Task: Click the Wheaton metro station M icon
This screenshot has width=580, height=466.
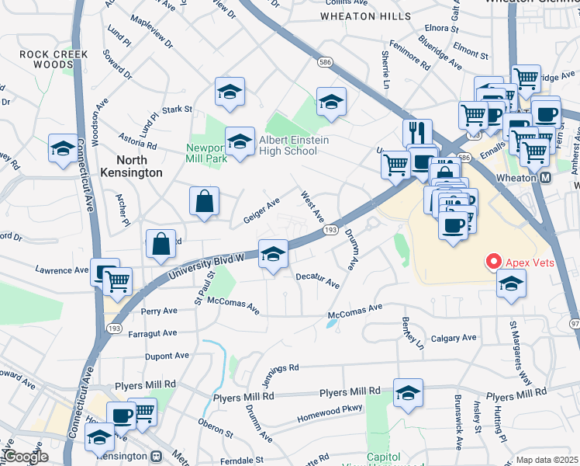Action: (x=545, y=178)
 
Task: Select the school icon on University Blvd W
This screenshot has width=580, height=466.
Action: (x=273, y=254)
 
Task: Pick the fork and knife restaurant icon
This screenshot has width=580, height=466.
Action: (x=417, y=133)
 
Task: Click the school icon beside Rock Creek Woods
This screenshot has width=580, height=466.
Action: (x=63, y=148)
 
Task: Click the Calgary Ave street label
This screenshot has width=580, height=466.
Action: (x=454, y=338)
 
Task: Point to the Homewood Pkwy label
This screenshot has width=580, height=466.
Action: (x=330, y=412)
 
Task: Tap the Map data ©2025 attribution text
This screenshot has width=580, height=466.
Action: (x=546, y=460)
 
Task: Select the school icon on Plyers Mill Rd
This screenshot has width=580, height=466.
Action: (x=407, y=393)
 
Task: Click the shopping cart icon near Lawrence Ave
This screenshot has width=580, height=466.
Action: (x=118, y=282)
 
